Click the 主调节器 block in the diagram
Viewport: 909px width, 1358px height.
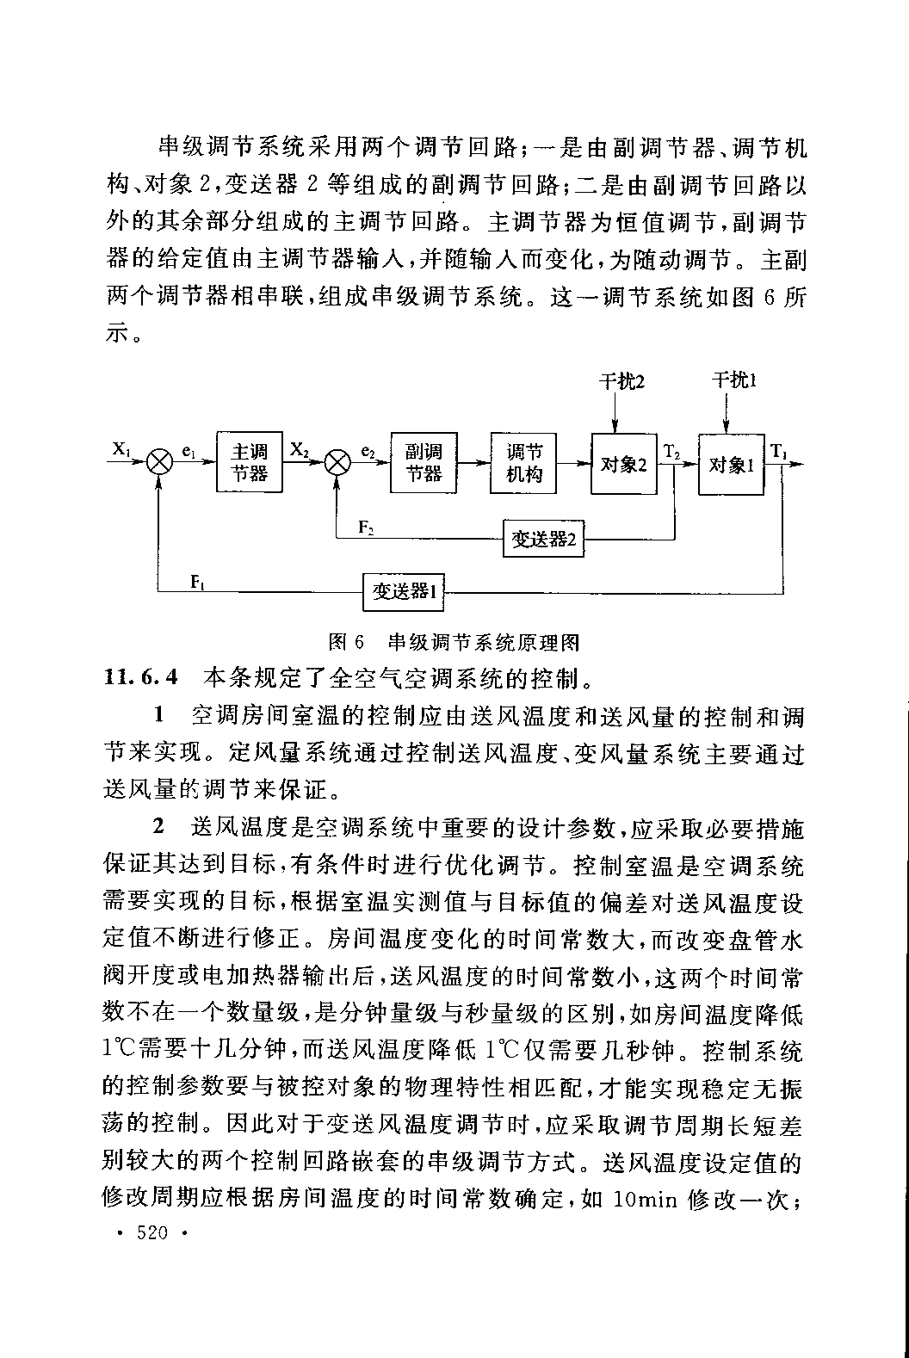(249, 463)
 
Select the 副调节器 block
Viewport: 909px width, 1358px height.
(424, 463)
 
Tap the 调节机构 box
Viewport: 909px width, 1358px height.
(523, 463)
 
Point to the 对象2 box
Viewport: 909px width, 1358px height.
(624, 464)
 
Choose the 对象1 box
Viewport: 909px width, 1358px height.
(731, 464)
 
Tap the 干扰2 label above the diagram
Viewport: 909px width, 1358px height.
(621, 380)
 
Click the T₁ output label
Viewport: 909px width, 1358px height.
(778, 450)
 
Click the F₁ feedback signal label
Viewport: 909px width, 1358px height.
(197, 582)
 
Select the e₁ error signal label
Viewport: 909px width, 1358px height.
(188, 450)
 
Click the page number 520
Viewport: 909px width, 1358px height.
(151, 1233)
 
